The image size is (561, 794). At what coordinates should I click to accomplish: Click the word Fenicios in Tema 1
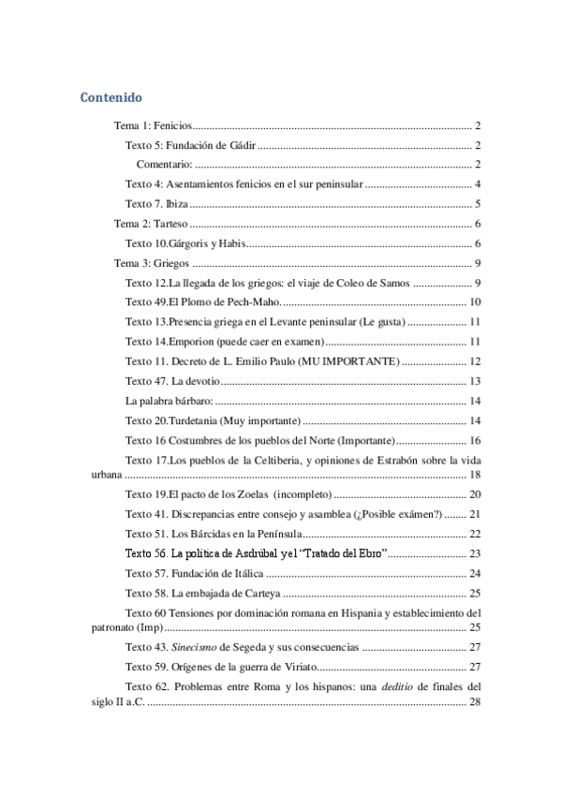tap(173, 125)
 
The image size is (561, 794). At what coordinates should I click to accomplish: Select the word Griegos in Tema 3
tap(172, 264)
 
